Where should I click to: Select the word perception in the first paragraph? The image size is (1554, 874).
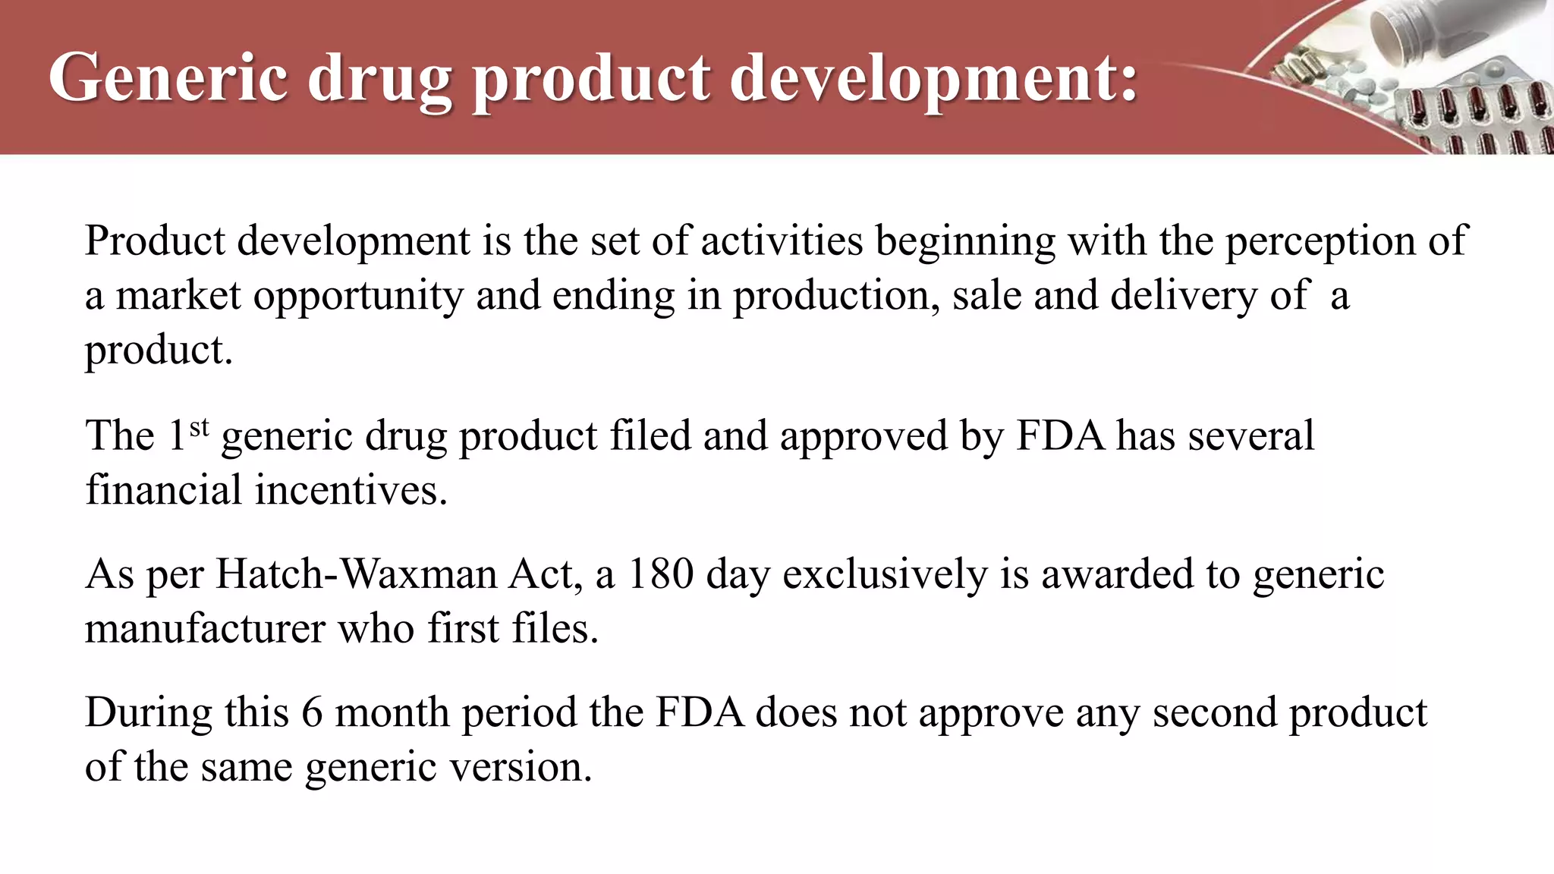click(x=1321, y=241)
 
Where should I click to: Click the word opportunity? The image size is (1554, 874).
click(x=357, y=297)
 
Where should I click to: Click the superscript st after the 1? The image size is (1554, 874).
click(x=199, y=428)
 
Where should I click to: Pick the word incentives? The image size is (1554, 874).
click(x=351, y=490)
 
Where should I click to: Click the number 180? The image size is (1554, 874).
click(x=661, y=574)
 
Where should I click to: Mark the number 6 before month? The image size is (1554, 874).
click(x=312, y=713)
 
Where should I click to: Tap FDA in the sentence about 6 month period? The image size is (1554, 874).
click(x=700, y=713)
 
